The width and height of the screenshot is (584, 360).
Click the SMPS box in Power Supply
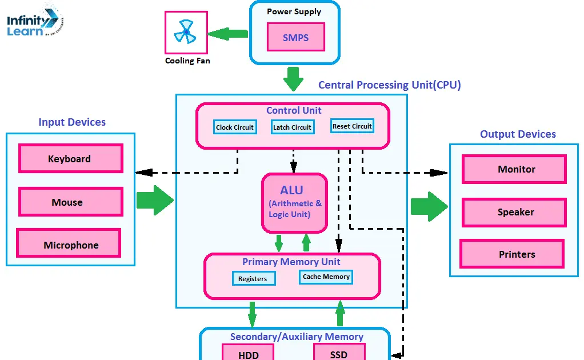pyautogui.click(x=295, y=38)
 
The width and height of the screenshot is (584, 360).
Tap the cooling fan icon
pyautogui.click(x=186, y=33)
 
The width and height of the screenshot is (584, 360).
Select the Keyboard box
pyautogui.click(x=70, y=159)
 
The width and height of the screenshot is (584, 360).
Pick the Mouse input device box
pyautogui.click(x=70, y=202)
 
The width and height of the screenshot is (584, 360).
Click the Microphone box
pyautogui.click(x=69, y=245)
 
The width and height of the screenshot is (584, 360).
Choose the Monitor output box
pyautogui.click(x=514, y=169)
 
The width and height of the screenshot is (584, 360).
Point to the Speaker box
pyautogui.click(x=514, y=212)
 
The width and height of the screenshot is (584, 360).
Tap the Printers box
pyautogui.click(x=512, y=254)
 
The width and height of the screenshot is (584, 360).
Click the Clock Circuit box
pyautogui.click(x=235, y=127)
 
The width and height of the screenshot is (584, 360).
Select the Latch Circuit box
pyautogui.click(x=292, y=127)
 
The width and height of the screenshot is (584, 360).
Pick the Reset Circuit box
pyautogui.click(x=352, y=126)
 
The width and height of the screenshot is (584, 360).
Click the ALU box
pyautogui.click(x=295, y=203)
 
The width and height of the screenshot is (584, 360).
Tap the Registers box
pyautogui.click(x=253, y=278)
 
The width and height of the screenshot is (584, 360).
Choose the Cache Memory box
pyautogui.click(x=326, y=277)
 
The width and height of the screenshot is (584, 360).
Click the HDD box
pyautogui.click(x=249, y=353)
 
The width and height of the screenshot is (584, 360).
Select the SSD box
pyautogui.click(x=339, y=353)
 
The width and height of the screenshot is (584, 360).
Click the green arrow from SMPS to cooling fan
pyautogui.click(x=228, y=34)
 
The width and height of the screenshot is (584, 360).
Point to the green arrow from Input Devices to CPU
pyautogui.click(x=154, y=200)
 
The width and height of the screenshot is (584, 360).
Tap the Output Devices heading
pyautogui.click(x=518, y=134)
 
